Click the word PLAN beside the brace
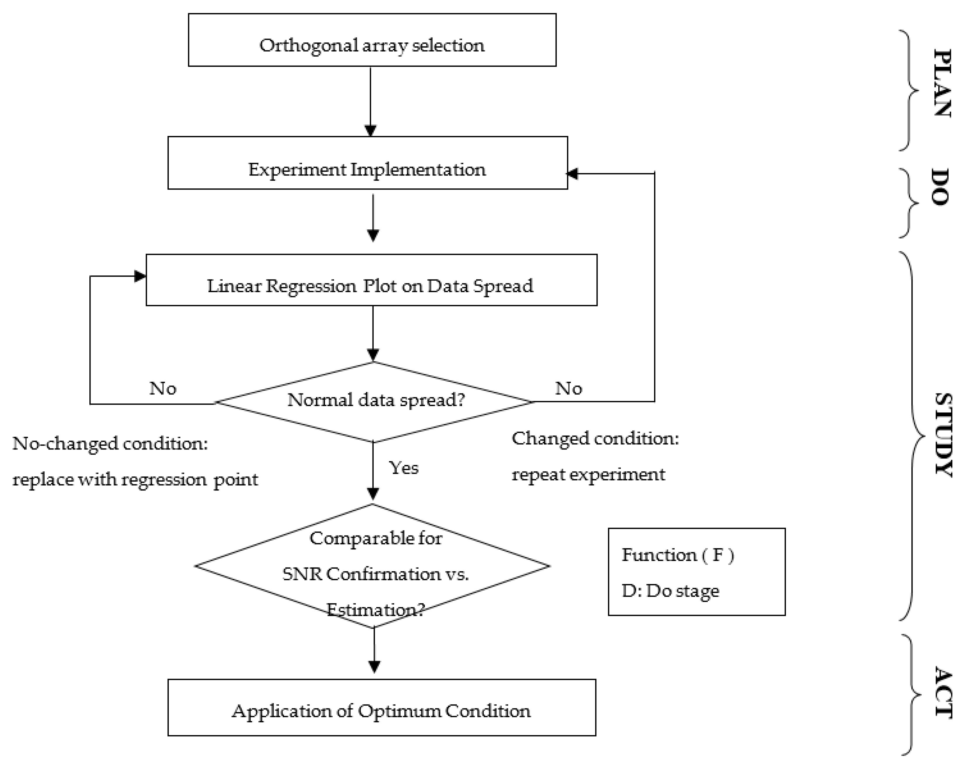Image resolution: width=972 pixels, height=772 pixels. pyautogui.click(x=942, y=83)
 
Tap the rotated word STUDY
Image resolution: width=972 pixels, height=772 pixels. pyautogui.click(x=943, y=434)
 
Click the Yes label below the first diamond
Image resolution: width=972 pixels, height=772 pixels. pyautogui.click(x=404, y=468)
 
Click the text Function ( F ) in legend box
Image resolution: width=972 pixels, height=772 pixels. pyautogui.click(x=677, y=555)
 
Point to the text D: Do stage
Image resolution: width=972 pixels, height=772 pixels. pyautogui.click(x=670, y=591)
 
